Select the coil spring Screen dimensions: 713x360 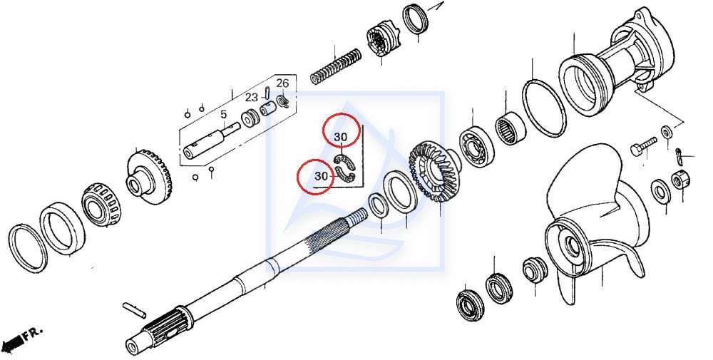point(336,66)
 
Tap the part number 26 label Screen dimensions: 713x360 point(282,83)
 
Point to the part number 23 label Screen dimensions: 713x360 point(252,97)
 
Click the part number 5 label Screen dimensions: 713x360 point(223,114)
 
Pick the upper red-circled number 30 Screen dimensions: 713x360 point(341,137)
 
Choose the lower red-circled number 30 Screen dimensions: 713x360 point(321,176)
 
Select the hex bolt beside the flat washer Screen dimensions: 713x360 point(643,146)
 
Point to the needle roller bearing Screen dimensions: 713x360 point(510,128)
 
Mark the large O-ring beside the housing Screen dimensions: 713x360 point(544,107)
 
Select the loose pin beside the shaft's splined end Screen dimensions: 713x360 point(135,309)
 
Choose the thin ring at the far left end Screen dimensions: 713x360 point(27,248)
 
